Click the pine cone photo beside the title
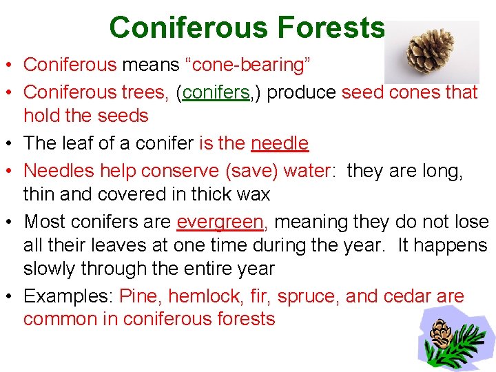tap(431, 52)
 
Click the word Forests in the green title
tap(331, 28)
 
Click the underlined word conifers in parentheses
tap(216, 92)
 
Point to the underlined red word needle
tap(280, 143)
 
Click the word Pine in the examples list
tap(140, 297)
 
